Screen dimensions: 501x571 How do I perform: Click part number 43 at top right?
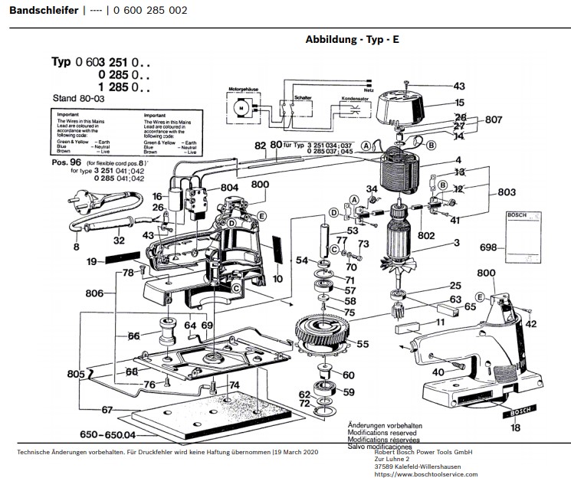pos(459,86)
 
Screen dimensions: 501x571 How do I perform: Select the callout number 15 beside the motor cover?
pos(459,102)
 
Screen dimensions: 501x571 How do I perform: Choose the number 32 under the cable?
pos(119,241)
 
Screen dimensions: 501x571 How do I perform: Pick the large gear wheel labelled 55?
pos(321,329)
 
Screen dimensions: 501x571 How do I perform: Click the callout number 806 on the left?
pos(94,293)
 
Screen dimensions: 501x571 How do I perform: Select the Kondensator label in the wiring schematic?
pos(355,98)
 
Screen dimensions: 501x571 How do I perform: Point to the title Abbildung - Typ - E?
pos(352,39)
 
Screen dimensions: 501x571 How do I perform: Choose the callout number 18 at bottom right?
pos(516,427)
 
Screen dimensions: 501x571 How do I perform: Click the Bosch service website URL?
pos(425,474)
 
